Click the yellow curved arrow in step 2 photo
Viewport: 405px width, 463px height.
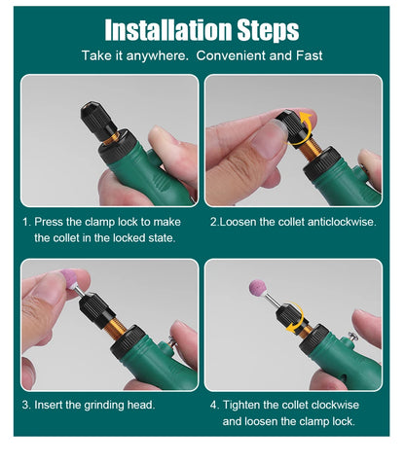pyautogui.click(x=309, y=122)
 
